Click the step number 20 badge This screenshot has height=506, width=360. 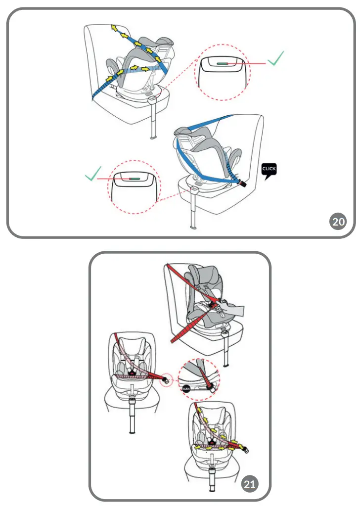pos(338,222)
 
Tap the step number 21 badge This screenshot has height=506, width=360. pos(250,484)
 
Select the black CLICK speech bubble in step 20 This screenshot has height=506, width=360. pos(269,170)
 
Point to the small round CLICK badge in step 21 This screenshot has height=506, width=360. pos(187,389)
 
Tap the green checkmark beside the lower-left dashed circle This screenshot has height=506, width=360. pos(94,175)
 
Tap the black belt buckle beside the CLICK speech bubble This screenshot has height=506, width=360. pos(243,183)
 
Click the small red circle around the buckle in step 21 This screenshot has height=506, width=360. pos(167,380)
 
